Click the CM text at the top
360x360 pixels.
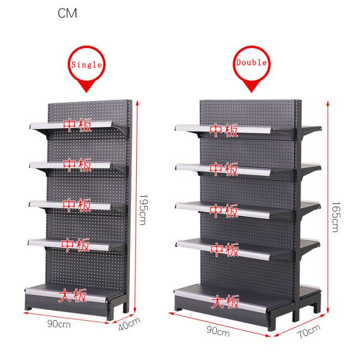coord(67,13)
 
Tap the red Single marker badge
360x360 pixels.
coord(85,65)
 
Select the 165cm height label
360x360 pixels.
coord(334,216)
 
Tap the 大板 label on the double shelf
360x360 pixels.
coord(225,302)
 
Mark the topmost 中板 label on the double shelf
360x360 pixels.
coord(224,131)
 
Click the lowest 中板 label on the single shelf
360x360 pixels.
coord(76,244)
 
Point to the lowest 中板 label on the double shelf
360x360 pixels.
coord(224,250)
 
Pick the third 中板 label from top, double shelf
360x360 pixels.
coord(224,211)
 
